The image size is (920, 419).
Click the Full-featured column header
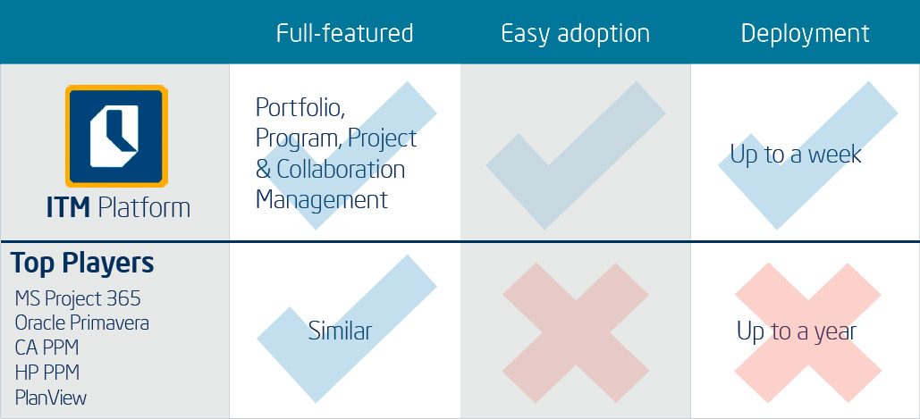point(345,33)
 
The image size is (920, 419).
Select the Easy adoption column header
point(576,34)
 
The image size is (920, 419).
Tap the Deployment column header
point(805,34)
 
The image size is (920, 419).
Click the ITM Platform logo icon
point(117,136)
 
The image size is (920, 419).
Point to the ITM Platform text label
point(119,208)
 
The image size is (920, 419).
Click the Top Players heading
point(82,264)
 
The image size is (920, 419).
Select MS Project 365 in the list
point(78,299)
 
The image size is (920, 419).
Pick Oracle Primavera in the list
point(82,323)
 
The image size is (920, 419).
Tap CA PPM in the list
point(46,348)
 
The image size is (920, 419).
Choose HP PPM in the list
point(46,373)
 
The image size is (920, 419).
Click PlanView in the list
point(51,398)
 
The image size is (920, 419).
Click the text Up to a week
point(796,155)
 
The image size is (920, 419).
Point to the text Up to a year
point(797,332)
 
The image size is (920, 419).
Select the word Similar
point(341,331)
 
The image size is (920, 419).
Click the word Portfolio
point(300,108)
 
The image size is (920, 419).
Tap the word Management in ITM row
point(322,200)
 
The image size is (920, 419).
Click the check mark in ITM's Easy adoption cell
point(576,155)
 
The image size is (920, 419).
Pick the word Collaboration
point(341,170)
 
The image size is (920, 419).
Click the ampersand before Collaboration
point(263,170)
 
